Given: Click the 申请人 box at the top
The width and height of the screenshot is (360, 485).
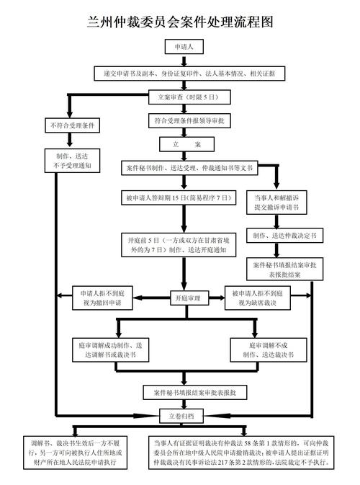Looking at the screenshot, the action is pos(184,47).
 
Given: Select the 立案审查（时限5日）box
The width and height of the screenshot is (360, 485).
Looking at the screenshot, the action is pos(189,97).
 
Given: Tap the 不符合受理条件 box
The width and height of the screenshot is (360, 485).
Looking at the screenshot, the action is pos(72,125).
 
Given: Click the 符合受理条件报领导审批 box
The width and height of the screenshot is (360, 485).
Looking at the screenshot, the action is pos(189,120).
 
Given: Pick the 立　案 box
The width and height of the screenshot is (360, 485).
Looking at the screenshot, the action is pos(186,144).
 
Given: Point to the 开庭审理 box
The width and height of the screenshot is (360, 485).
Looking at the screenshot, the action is pos(188,298).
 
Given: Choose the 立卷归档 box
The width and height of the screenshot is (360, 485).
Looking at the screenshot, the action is pos(181,416).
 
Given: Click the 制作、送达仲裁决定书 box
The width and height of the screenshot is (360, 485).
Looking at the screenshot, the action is pos(284,236).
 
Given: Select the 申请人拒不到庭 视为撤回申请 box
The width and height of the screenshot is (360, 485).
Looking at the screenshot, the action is pos(102,298).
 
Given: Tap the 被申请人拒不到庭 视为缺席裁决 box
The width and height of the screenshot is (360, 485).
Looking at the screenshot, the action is pos(258,298).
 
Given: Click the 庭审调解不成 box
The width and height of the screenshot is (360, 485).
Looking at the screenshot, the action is pos(269,350).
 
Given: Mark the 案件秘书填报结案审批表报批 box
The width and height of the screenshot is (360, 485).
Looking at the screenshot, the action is pos(194,393).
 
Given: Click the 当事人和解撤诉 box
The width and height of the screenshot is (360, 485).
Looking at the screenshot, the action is pos(276,203).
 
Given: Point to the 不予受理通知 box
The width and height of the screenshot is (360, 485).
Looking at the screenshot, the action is pos(72,161).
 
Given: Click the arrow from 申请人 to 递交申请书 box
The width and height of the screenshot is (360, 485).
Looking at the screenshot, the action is pos(184,61).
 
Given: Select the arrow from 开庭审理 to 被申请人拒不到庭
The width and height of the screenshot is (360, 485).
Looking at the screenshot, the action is pos(217,298).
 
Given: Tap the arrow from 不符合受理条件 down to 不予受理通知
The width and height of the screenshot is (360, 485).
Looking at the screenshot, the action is pos(70,140).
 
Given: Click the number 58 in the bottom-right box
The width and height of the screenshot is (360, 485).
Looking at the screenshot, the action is pos(247,443).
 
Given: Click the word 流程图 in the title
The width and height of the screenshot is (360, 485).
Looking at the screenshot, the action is pos(253,22).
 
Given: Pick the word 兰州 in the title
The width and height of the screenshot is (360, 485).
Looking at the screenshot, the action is pos(99,22).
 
